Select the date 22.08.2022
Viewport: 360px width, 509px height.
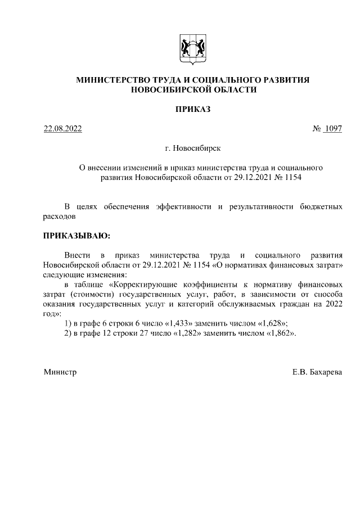63,129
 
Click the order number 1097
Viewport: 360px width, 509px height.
333,129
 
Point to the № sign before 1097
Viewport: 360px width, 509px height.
316,129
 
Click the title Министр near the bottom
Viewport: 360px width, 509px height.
60,372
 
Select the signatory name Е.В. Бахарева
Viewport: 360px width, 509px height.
317,372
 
